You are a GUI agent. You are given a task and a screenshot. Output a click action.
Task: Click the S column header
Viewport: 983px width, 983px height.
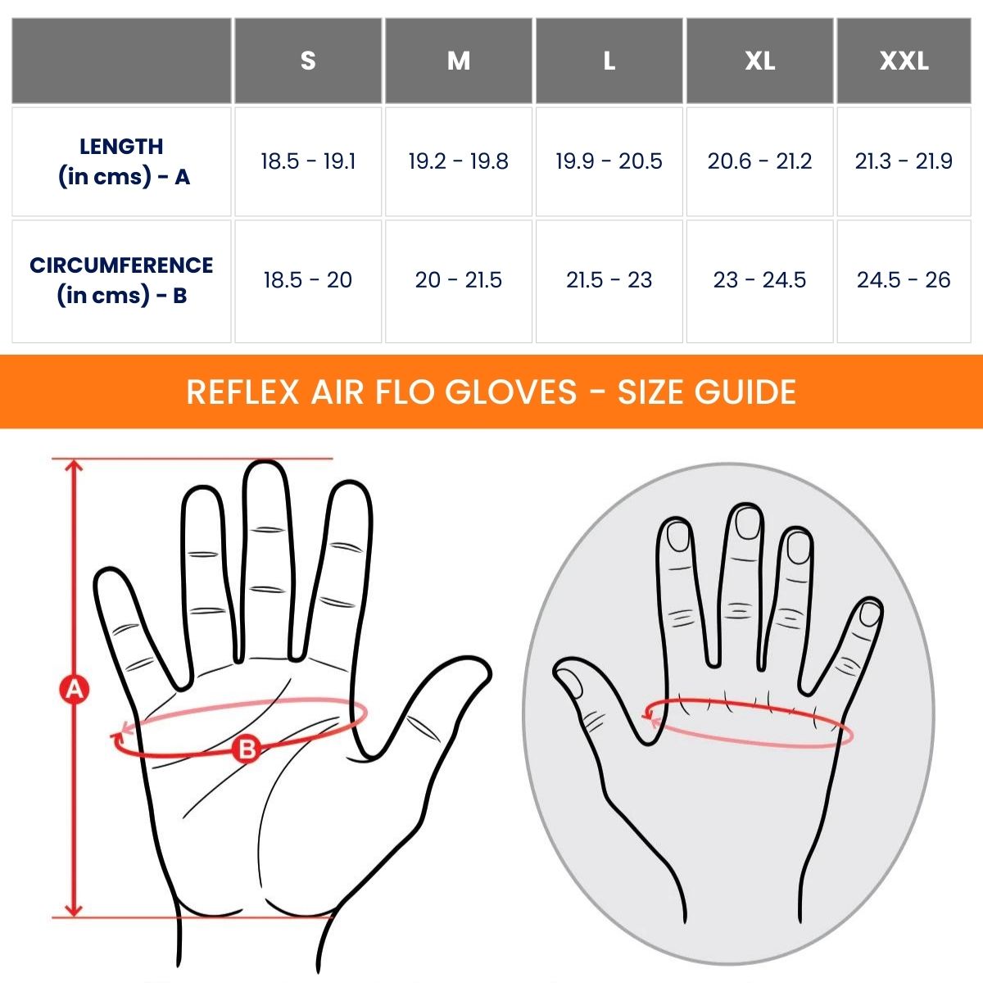[308, 61]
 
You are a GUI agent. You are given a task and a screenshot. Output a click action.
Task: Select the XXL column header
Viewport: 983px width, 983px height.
[904, 61]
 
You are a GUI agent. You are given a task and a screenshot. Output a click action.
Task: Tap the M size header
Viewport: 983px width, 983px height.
[459, 61]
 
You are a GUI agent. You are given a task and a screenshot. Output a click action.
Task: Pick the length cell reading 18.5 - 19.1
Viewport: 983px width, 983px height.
[308, 161]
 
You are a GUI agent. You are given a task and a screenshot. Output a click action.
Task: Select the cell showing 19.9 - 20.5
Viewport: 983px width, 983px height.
[609, 161]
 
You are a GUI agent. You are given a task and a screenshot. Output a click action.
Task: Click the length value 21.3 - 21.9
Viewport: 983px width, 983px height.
[904, 161]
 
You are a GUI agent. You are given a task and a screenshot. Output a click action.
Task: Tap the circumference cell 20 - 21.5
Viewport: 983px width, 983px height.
[459, 280]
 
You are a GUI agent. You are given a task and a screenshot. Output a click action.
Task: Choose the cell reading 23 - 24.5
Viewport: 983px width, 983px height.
[759, 280]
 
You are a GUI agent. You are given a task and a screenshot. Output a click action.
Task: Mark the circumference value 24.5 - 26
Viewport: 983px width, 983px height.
[904, 280]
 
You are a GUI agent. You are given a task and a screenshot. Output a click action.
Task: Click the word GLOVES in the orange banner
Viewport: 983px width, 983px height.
[511, 392]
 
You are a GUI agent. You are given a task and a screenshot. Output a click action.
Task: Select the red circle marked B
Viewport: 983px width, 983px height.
[247, 748]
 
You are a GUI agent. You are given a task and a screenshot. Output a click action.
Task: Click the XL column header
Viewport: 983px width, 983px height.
[759, 61]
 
